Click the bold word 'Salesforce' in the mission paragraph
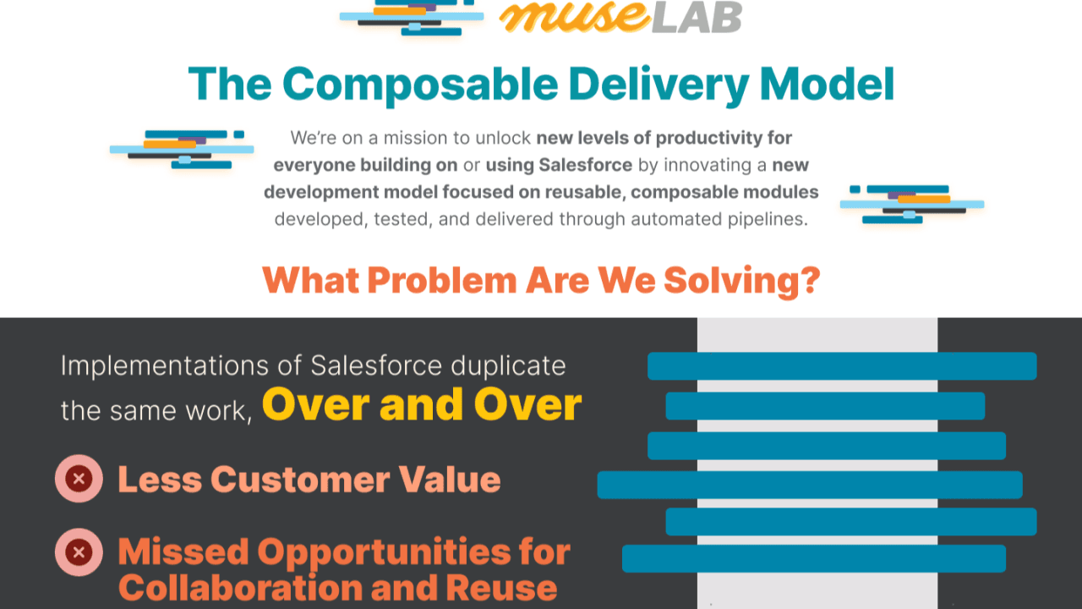(586, 164)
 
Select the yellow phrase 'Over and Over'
(422, 404)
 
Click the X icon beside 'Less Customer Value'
(79, 480)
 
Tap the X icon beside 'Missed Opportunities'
(79, 553)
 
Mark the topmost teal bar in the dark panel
(841, 366)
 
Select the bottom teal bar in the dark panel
(813, 558)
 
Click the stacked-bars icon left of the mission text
(182, 149)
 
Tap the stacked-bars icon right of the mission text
(911, 204)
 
